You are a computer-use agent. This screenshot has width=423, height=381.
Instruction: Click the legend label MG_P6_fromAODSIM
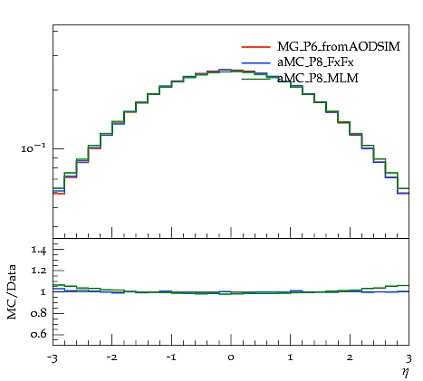click(x=339, y=46)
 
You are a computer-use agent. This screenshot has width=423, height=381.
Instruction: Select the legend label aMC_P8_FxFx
click(x=315, y=62)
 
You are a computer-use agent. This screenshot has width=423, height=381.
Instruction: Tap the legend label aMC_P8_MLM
click(x=318, y=78)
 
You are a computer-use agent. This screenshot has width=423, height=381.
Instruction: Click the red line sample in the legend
click(x=255, y=47)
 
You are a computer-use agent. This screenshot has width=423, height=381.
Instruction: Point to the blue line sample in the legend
click(x=255, y=62)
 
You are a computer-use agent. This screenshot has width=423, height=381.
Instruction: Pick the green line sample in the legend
click(x=255, y=79)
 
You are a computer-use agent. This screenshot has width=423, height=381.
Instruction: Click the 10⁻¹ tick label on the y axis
click(x=34, y=148)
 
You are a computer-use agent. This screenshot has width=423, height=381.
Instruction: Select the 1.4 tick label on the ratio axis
click(x=39, y=250)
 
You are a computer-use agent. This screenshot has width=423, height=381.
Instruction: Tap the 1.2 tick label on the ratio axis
click(x=39, y=271)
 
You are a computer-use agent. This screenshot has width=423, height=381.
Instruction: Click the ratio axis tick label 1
click(x=43, y=291)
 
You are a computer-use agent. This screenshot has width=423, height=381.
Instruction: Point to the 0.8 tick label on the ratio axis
click(x=38, y=313)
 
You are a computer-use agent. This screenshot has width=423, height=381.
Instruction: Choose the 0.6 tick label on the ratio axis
click(x=38, y=334)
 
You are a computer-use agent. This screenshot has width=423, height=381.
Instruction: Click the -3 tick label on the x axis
click(x=53, y=358)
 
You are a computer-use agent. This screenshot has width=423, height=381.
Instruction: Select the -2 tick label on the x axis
click(x=111, y=357)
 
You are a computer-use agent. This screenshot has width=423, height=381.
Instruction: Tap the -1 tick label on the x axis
click(x=171, y=357)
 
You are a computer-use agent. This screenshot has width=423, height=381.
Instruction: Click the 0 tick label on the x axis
click(x=231, y=357)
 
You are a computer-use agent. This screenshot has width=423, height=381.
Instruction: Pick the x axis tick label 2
click(x=350, y=357)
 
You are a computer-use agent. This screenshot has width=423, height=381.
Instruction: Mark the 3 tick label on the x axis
click(x=409, y=358)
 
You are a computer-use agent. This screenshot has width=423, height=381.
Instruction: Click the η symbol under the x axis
click(x=406, y=373)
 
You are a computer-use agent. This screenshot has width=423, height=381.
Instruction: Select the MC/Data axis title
click(x=12, y=291)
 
